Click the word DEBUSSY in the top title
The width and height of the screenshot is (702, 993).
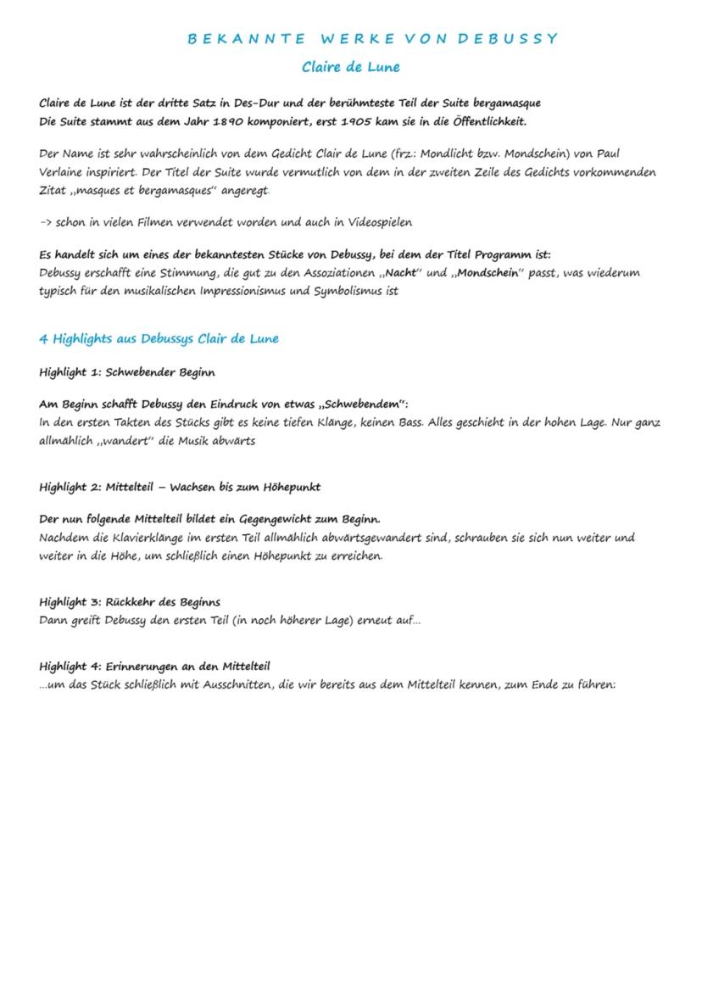click(508, 38)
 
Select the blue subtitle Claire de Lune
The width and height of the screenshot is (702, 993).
click(351, 67)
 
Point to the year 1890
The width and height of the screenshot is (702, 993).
click(218, 121)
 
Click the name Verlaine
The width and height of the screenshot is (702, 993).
click(62, 172)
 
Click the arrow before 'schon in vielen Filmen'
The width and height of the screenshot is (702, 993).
click(46, 223)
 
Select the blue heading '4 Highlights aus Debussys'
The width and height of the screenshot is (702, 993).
click(159, 339)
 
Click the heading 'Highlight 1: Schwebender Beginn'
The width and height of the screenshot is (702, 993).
click(127, 372)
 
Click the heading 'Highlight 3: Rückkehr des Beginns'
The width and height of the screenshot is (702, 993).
click(130, 602)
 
